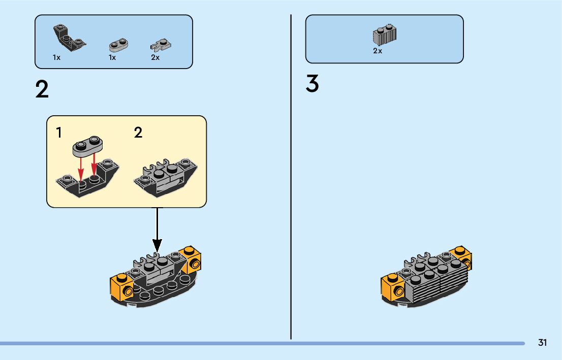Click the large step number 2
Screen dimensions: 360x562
pyautogui.click(x=42, y=90)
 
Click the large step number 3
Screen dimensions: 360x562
pyautogui.click(x=312, y=84)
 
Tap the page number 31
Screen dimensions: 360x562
pyautogui.click(x=542, y=343)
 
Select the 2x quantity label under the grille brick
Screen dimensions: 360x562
pyautogui.click(x=378, y=51)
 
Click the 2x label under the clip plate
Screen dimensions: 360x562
pyautogui.click(x=155, y=58)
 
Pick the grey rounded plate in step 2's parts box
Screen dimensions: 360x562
pyautogui.click(x=118, y=45)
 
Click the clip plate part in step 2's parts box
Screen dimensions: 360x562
pyautogui.click(x=160, y=45)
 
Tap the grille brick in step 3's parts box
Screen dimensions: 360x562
pyautogui.click(x=385, y=34)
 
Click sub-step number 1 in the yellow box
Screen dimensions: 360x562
pyautogui.click(x=59, y=133)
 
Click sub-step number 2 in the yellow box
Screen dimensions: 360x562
pyautogui.click(x=138, y=133)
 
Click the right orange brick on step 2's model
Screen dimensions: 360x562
pyautogui.click(x=191, y=258)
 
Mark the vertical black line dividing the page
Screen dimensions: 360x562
pyautogui.click(x=291, y=178)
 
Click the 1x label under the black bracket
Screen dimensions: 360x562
pyautogui.click(x=56, y=58)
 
